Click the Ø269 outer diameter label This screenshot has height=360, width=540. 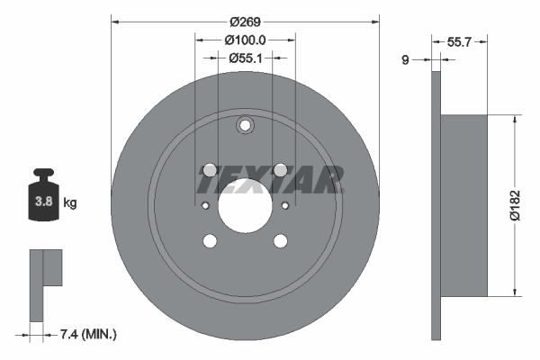click(245, 20)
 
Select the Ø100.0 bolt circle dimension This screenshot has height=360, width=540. click(245, 40)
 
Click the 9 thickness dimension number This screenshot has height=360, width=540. click(406, 60)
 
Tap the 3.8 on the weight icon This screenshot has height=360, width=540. click(41, 202)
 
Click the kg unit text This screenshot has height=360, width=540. click(69, 203)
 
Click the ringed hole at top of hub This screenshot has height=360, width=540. click(245, 127)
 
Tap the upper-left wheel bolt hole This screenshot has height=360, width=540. click(210, 170)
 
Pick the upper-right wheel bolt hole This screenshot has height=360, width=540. click(280, 170)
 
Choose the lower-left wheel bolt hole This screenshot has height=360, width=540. click(210, 241)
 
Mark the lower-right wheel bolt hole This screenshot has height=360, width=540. click(280, 241)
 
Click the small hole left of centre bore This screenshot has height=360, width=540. click(205, 206)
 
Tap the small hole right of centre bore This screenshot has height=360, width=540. click(284, 206)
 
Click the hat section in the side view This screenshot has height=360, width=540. click(464, 204)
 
